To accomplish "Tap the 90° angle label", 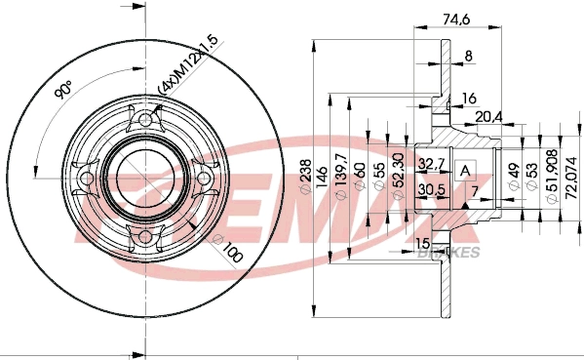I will (x=64, y=93).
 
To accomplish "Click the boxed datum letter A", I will (x=465, y=170).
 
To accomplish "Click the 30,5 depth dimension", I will (x=431, y=189).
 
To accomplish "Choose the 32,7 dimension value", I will (x=431, y=161).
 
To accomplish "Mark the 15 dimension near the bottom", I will (x=422, y=243).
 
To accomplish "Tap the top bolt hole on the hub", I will (x=147, y=120).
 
